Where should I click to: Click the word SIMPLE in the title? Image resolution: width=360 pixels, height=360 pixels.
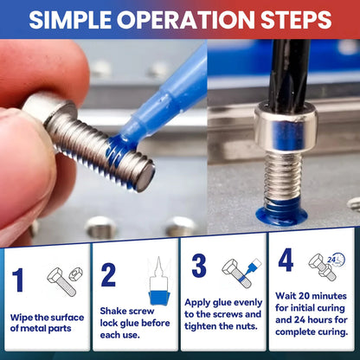[70, 20]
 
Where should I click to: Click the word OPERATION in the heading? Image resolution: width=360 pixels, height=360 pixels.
[186, 20]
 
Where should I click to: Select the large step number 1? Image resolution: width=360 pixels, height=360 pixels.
[18, 280]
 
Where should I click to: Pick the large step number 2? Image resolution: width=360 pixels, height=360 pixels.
[108, 275]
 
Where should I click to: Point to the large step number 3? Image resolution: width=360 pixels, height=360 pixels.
[199, 266]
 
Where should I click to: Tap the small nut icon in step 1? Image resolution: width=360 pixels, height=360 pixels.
[76, 274]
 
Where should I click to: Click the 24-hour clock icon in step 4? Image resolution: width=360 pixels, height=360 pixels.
[336, 260]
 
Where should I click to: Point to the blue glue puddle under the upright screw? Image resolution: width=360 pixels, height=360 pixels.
[281, 215]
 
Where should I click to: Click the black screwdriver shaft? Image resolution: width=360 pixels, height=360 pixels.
[288, 72]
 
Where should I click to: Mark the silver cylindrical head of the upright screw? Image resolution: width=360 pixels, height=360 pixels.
[286, 127]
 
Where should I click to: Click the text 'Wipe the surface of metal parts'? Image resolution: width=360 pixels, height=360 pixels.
[47, 323]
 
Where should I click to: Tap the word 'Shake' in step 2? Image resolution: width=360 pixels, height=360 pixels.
[113, 311]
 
